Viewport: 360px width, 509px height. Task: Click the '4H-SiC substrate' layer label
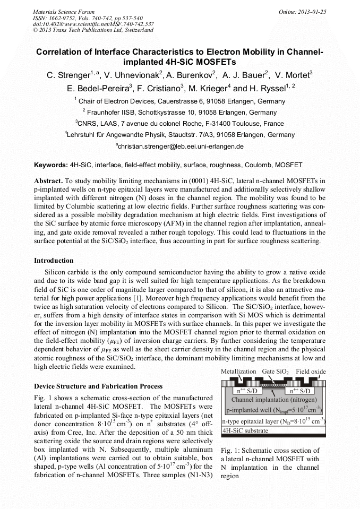click(245, 430)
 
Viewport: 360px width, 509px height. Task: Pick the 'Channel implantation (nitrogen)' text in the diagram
click(273, 399)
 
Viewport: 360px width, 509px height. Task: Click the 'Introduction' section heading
click(54, 261)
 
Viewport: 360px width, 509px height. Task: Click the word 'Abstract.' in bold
click(48, 180)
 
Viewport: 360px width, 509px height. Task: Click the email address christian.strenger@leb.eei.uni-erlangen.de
click(179, 146)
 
